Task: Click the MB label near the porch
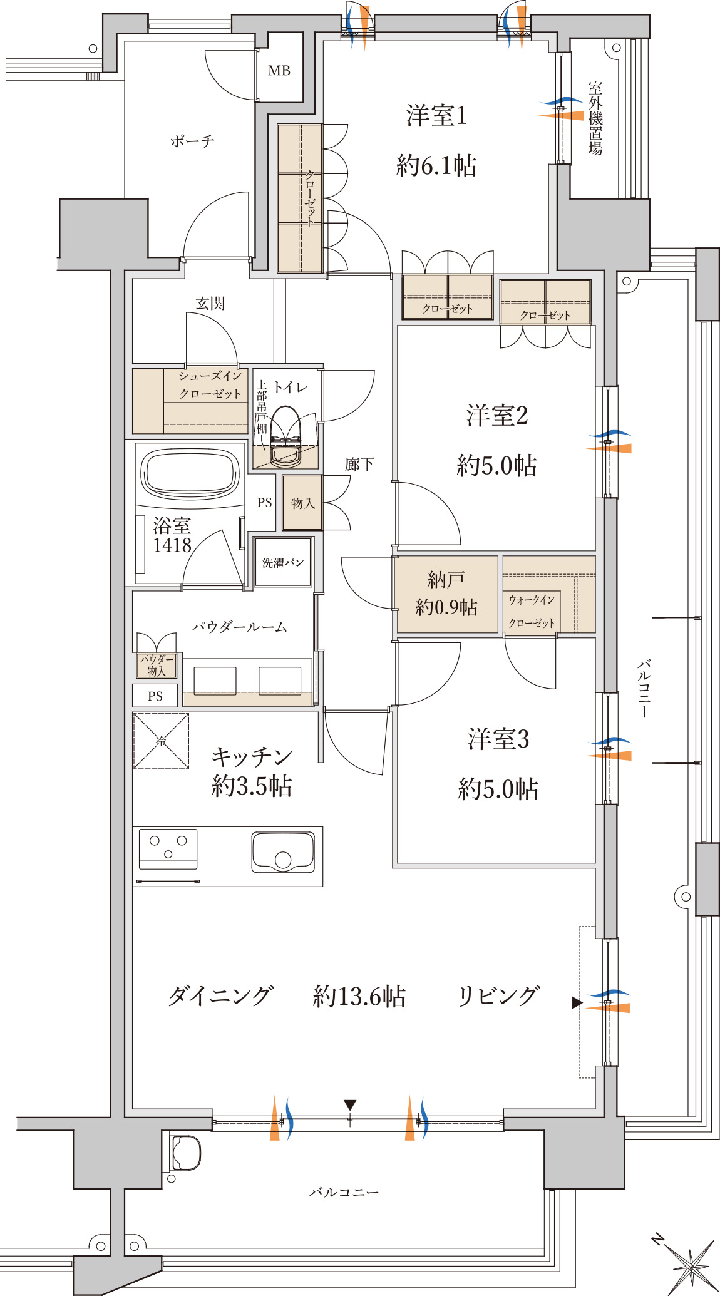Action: pyautogui.click(x=279, y=71)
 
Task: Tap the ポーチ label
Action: pyautogui.click(x=192, y=141)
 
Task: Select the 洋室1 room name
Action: pyautogui.click(x=436, y=116)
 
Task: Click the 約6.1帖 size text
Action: pyautogui.click(x=436, y=166)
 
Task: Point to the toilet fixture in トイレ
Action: pyautogui.click(x=285, y=436)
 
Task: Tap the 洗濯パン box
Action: pyautogui.click(x=283, y=562)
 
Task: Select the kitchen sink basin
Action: pyautogui.click(x=283, y=851)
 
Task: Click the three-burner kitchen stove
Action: pyautogui.click(x=168, y=850)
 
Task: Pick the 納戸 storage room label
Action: pyautogui.click(x=446, y=580)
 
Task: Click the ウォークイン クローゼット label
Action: pyautogui.click(x=532, y=611)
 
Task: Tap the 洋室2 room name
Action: pyautogui.click(x=497, y=416)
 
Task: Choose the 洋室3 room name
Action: pyautogui.click(x=498, y=739)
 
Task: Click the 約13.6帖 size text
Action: pyautogui.click(x=359, y=996)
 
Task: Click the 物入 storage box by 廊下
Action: pyautogui.click(x=302, y=503)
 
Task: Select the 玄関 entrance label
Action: pyautogui.click(x=210, y=304)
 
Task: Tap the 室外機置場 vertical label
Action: pyautogui.click(x=595, y=118)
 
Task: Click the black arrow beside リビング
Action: pyautogui.click(x=577, y=1003)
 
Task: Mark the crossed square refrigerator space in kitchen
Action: pyautogui.click(x=161, y=741)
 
